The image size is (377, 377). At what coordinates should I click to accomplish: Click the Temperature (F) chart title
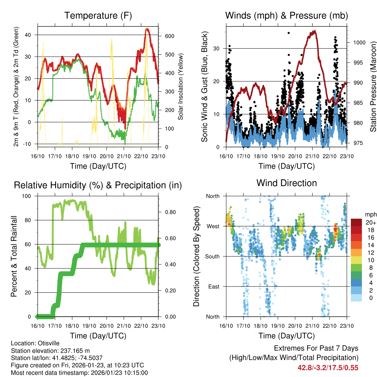click(98, 16)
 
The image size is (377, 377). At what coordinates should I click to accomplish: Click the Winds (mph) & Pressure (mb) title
click(286, 16)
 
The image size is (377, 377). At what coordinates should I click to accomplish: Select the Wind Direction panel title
click(286, 183)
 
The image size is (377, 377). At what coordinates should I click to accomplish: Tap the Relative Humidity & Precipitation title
click(98, 185)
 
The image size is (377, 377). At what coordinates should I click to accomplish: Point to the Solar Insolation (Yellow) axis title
click(181, 87)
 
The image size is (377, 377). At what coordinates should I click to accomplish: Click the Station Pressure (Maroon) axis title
click(373, 87)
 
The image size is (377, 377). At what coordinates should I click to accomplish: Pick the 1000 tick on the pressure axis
click(359, 42)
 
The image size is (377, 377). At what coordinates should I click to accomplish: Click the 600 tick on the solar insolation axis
click(169, 36)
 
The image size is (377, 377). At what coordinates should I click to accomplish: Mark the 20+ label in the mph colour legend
click(370, 222)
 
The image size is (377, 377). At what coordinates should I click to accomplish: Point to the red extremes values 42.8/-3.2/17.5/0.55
click(328, 367)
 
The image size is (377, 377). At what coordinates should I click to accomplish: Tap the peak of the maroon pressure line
click(314, 31)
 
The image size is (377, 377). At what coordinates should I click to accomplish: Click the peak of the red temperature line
click(147, 29)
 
